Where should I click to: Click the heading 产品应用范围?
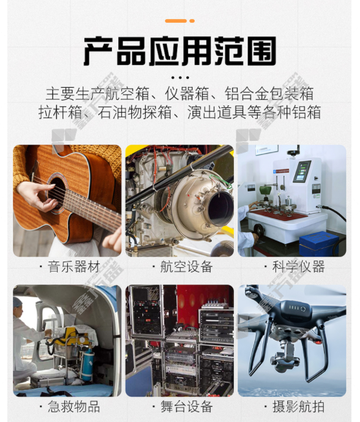pyautogui.click(x=180, y=51)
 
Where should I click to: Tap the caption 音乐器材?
pyautogui.click(x=73, y=266)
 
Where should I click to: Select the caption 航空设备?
pyautogui.click(x=187, y=266)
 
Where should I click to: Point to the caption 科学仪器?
pyautogui.click(x=299, y=266)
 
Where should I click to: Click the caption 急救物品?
pyautogui.click(x=73, y=407)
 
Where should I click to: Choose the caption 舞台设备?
pyautogui.click(x=187, y=407)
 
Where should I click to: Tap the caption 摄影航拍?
pyautogui.click(x=299, y=407)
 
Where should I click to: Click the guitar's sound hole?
pyautogui.click(x=58, y=191)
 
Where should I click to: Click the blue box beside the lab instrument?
pyautogui.click(x=319, y=243)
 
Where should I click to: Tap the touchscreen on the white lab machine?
pyautogui.click(x=302, y=171)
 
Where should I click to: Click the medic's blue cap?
pyautogui.click(x=17, y=302)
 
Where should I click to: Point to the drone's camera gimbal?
pyautogui.click(x=286, y=355)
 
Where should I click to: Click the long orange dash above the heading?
pyautogui.click(x=176, y=21)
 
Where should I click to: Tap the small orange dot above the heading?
pyautogui.click(x=192, y=21)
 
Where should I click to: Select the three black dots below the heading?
pyautogui.click(x=180, y=78)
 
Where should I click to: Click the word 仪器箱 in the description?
pyautogui.click(x=187, y=93)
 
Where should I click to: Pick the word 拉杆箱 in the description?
pyautogui.click(x=60, y=112)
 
